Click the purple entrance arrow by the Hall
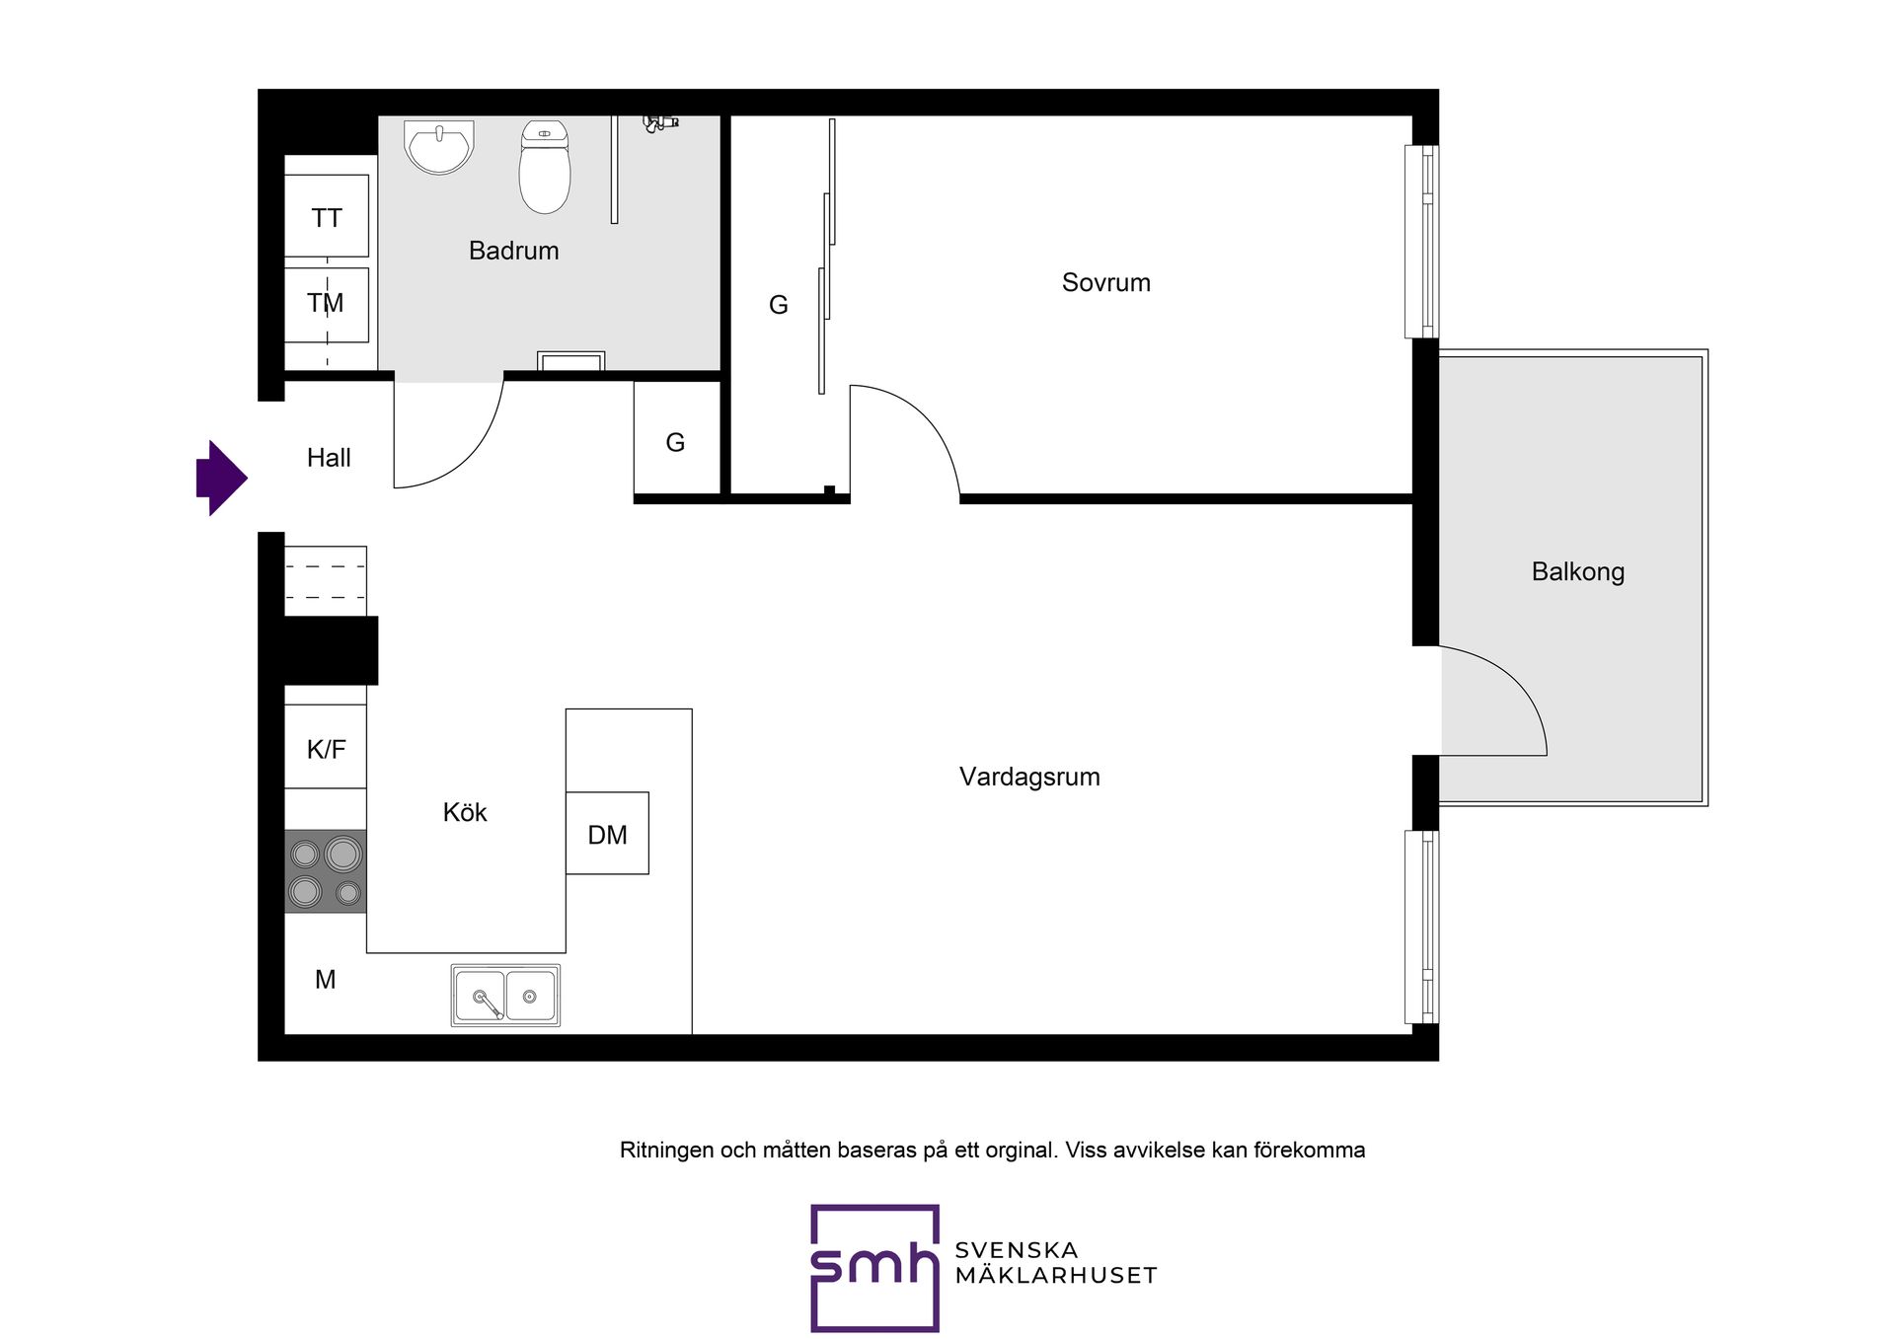(x=222, y=478)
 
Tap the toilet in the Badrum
(x=545, y=167)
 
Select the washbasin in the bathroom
(x=439, y=147)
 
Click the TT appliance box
(x=327, y=216)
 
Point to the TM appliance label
(x=326, y=303)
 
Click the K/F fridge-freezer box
(x=326, y=746)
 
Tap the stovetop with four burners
(x=326, y=871)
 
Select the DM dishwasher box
(x=607, y=833)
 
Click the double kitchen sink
(x=505, y=996)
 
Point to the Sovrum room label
(x=1106, y=282)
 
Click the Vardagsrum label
(x=1029, y=777)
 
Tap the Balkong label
(x=1578, y=572)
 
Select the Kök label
(x=465, y=812)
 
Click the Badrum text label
(x=513, y=251)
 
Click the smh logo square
(x=874, y=1268)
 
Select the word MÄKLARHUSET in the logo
(x=1056, y=1276)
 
